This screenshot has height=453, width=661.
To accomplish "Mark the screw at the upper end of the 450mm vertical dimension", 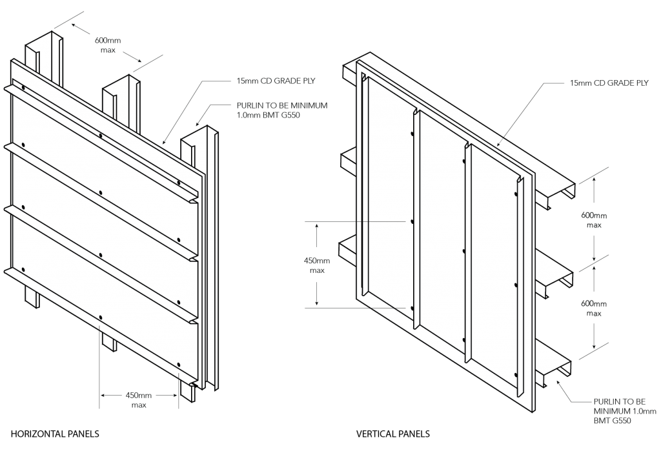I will coord(411,221).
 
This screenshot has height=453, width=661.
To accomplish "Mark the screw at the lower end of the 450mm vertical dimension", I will coord(411,308).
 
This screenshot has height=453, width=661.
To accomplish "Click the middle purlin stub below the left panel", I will coord(109,342).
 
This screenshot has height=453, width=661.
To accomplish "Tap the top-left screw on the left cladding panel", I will coord(23,88).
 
